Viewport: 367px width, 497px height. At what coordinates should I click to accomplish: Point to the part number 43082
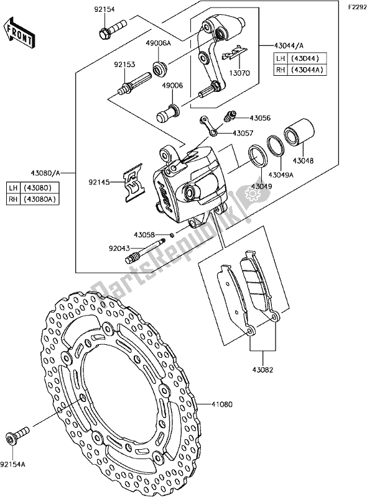(x=261, y=368)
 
